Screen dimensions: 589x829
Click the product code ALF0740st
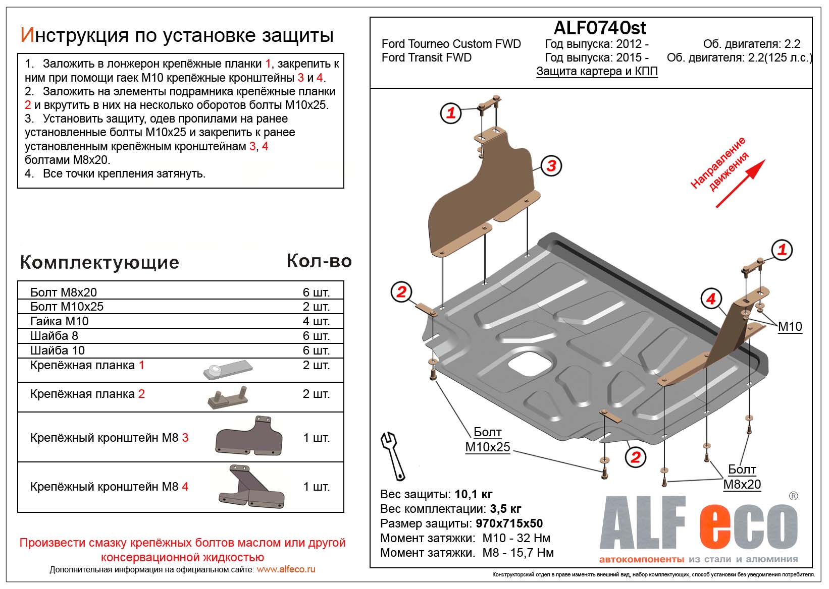(600, 28)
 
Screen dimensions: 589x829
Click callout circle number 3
(551, 165)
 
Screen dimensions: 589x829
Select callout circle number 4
(711, 299)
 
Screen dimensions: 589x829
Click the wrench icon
(393, 456)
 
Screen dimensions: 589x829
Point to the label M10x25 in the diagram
(487, 447)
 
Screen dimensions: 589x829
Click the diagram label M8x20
(742, 485)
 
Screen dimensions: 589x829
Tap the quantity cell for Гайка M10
(316, 321)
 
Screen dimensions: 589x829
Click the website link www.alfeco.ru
(286, 569)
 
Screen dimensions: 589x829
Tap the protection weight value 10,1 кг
(473, 494)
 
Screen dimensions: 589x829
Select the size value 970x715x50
(509, 523)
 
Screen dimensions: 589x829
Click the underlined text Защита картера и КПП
(597, 71)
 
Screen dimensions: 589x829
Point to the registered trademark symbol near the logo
(793, 496)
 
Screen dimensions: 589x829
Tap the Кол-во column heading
(319, 261)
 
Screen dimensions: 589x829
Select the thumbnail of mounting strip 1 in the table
(228, 370)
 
